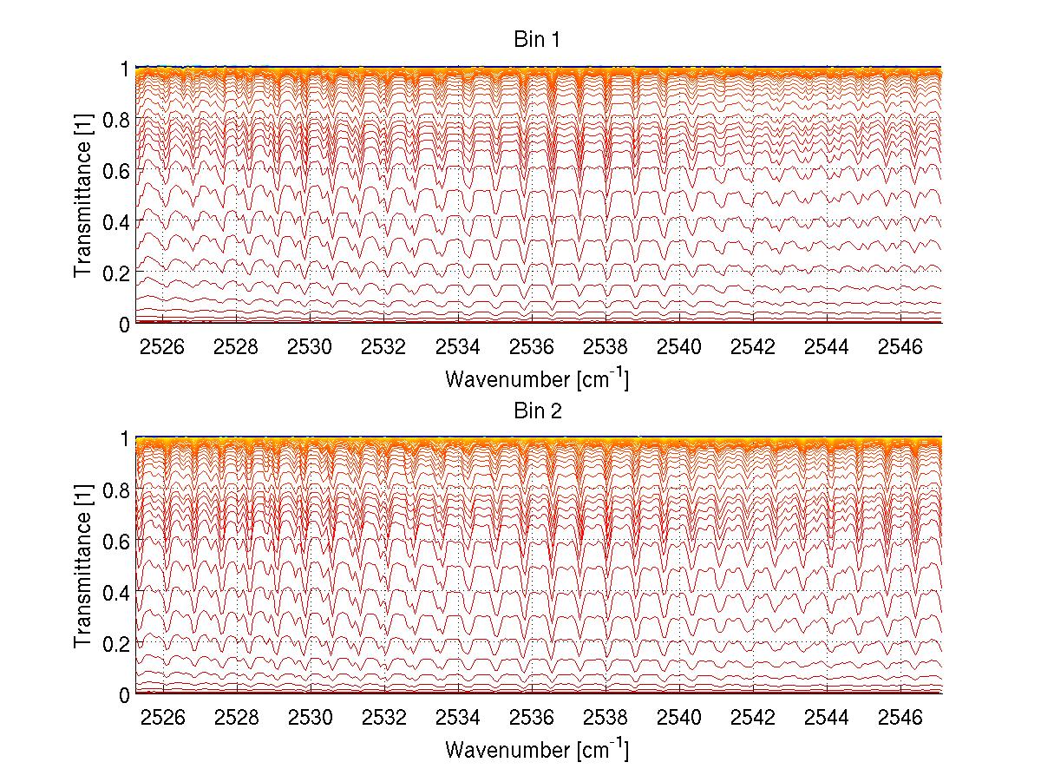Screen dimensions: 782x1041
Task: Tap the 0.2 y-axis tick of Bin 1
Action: click(117, 273)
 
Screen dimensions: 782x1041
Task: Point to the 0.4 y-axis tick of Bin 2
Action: click(117, 592)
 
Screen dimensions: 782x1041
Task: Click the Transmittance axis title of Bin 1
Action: click(82, 195)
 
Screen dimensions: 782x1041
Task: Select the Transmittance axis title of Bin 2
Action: click(82, 566)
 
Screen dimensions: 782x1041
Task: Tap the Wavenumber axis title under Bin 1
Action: click(537, 379)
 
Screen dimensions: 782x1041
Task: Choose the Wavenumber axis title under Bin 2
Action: click(537, 750)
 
